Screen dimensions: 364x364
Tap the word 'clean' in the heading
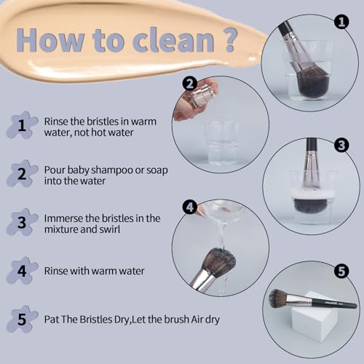(173, 41)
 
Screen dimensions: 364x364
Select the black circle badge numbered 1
(341, 21)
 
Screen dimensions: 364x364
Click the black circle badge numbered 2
(190, 84)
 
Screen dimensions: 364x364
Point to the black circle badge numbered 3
(341, 145)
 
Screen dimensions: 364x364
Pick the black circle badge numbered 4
(190, 207)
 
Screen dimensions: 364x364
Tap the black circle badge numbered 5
(341, 271)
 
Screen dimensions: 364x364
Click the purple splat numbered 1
(22, 125)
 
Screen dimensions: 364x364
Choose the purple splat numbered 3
(22, 222)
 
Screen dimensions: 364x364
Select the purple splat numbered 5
(22, 319)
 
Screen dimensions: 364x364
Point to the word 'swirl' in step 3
(109, 229)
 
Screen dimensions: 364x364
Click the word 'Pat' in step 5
(52, 320)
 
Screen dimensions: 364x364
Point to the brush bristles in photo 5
(278, 298)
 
